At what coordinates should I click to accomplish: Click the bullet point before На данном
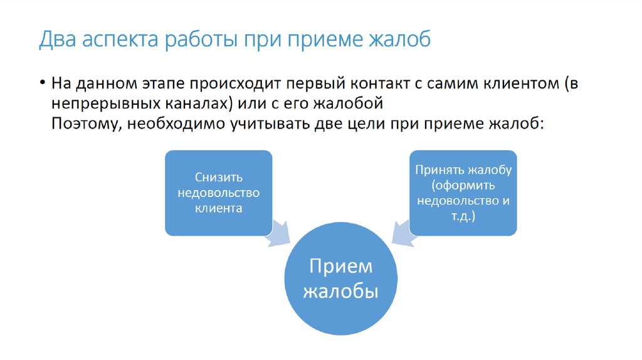42,83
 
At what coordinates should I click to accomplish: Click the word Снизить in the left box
218,177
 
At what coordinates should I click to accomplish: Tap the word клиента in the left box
218,208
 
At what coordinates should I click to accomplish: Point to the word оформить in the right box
465,186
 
